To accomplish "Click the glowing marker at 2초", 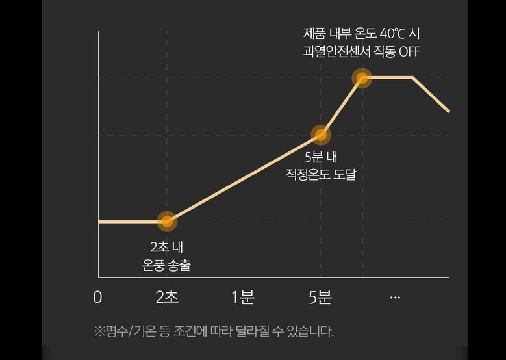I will [x=167, y=222].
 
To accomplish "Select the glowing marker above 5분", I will [x=320, y=135].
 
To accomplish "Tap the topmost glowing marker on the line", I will [x=362, y=78].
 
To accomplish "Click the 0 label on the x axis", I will [x=97, y=298].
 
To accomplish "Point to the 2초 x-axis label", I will [x=167, y=298].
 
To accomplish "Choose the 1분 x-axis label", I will [x=243, y=298].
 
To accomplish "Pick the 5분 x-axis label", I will [x=320, y=298].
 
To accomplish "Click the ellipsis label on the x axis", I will [x=395, y=298].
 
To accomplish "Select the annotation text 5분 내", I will [x=321, y=157].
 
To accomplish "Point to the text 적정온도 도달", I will [x=321, y=174].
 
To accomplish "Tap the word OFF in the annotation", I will [x=409, y=51].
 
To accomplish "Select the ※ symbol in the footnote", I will [x=99, y=331].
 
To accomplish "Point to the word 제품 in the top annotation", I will [x=314, y=32].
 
